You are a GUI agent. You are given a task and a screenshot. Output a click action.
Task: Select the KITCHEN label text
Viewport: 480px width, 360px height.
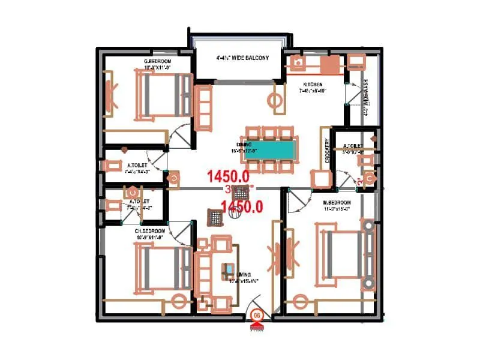coord(312,84)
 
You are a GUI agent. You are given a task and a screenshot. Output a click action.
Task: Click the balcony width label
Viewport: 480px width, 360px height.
coord(242,58)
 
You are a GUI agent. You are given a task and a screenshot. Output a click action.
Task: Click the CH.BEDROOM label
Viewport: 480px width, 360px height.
coord(150,230)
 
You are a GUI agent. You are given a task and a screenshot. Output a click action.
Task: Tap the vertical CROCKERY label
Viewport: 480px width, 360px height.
coord(327,151)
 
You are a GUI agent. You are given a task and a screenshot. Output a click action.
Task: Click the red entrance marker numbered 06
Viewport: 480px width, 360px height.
coord(257,315)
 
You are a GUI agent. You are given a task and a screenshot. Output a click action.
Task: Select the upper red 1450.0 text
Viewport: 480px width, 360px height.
coord(228,176)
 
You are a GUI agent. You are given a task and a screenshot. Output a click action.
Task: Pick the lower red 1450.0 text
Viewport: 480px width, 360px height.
coord(242,207)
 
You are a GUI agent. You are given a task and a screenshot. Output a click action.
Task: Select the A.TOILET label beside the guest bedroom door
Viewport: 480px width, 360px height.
coord(137,165)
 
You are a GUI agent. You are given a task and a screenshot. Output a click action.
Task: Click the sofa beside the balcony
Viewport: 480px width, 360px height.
coord(204,107)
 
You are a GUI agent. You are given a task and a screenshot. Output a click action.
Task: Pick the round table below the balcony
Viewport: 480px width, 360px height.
coord(277,101)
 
